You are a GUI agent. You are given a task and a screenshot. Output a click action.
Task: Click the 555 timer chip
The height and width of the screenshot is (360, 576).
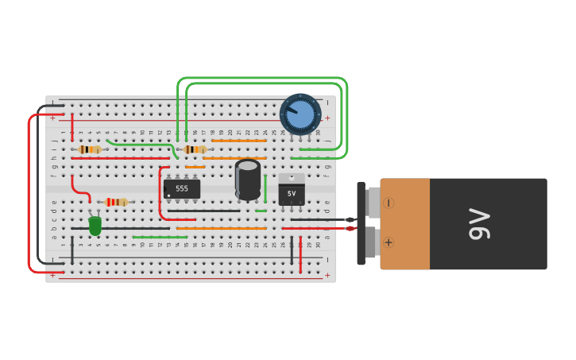[x=182, y=189]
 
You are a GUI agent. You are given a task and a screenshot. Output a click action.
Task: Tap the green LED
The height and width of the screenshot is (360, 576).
[x=95, y=226]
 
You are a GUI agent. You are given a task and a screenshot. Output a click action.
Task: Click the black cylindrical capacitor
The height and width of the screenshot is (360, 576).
[x=248, y=180]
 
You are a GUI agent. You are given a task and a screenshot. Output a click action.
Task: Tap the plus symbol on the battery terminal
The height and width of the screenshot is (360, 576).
[x=389, y=242]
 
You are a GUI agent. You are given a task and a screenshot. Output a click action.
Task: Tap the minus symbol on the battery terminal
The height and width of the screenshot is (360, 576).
[x=389, y=203]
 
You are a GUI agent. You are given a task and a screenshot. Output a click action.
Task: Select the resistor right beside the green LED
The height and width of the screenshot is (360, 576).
[x=116, y=202]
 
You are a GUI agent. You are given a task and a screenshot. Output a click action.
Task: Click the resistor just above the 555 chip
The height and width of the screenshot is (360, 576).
[x=195, y=149]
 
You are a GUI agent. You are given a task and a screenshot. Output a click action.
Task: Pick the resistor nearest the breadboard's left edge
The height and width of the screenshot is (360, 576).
[x=90, y=149]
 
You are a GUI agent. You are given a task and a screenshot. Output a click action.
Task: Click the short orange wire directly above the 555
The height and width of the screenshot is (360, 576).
[x=195, y=167]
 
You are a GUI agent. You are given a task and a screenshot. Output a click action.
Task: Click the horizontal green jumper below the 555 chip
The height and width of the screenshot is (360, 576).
[x=160, y=237]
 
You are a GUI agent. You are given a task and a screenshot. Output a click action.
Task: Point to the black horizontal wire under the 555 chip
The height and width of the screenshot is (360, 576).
[x=203, y=211]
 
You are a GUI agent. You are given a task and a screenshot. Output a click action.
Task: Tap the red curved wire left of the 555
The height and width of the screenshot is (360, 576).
[x=160, y=199]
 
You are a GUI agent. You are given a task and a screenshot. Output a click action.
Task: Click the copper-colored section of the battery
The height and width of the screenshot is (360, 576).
[x=405, y=224]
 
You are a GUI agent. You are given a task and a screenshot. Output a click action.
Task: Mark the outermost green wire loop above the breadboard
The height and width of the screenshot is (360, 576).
[x=262, y=78]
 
